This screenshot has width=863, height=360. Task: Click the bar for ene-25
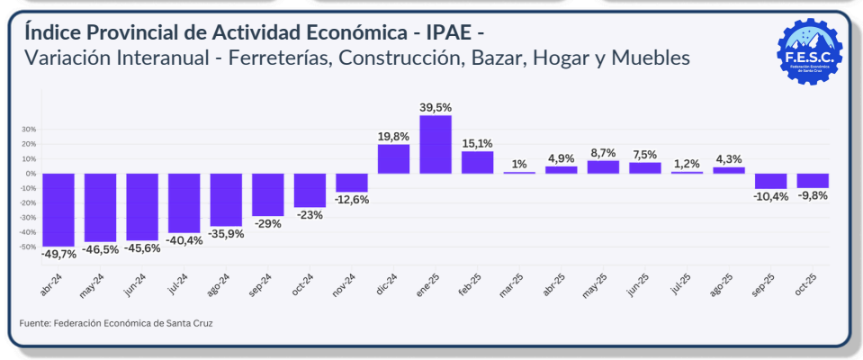tap(436, 144)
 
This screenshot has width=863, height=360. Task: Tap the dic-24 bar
tap(393, 158)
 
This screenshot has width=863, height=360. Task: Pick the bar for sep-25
tap(770, 181)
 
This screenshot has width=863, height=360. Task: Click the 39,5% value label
tap(436, 107)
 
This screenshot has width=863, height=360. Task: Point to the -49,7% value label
tap(58, 255)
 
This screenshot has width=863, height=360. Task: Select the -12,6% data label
tap(351, 200)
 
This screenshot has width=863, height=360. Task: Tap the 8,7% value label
tap(603, 153)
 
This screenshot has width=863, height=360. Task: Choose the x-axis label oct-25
tap(805, 286)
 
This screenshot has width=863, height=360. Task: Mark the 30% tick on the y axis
tap(28, 130)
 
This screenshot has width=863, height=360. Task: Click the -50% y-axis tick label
tap(27, 247)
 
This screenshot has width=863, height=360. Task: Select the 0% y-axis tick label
tap(30, 174)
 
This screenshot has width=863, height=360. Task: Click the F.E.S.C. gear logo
tap(810, 51)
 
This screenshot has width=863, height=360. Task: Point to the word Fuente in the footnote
tap(33, 322)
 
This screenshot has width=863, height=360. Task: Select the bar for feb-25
tap(478, 162)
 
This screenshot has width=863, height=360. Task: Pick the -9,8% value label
tap(813, 195)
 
